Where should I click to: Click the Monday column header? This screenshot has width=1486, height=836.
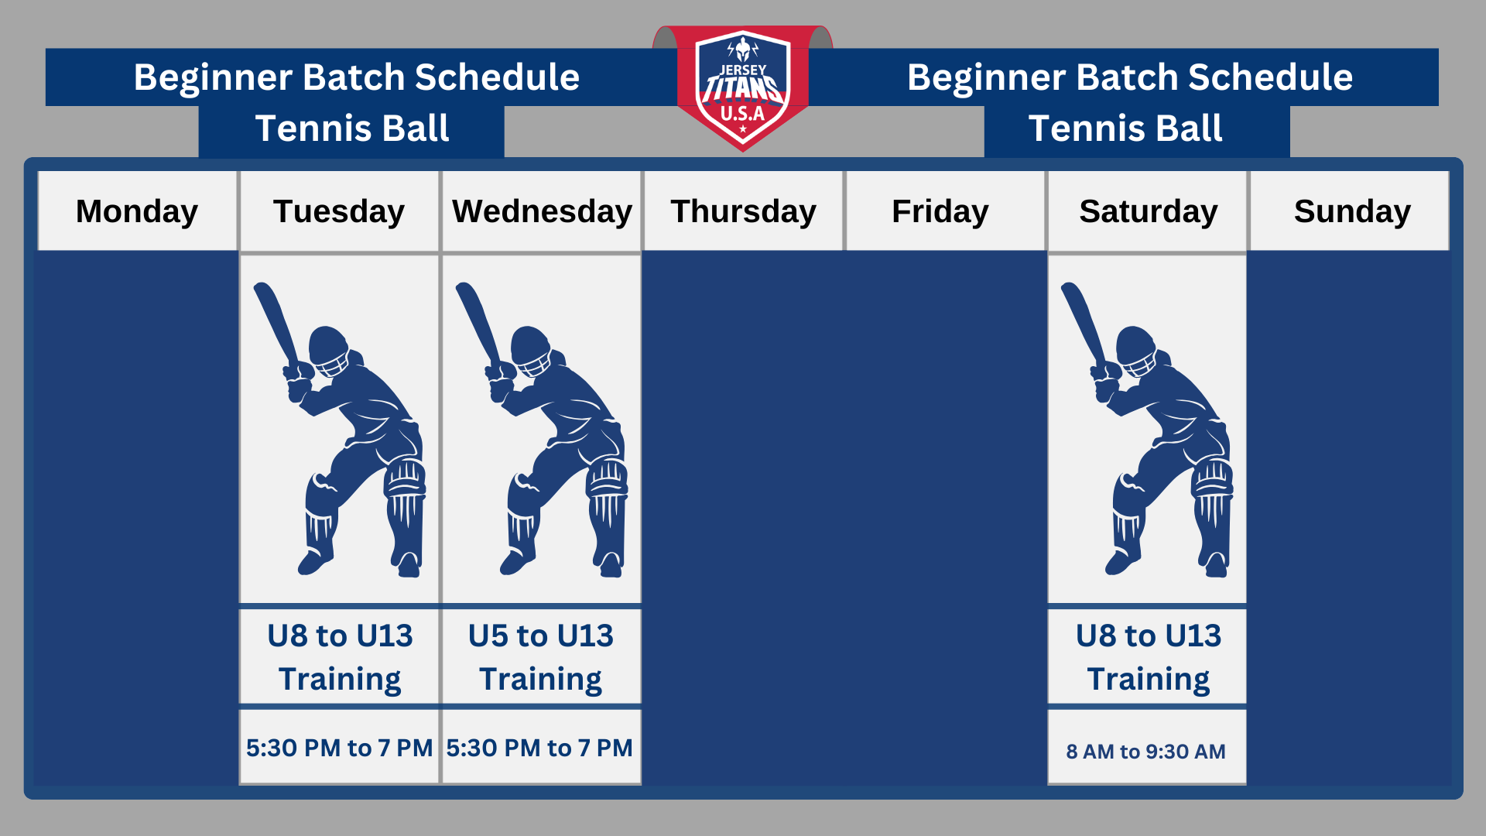[x=137, y=211]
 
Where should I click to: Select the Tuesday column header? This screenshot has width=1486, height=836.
[x=339, y=211]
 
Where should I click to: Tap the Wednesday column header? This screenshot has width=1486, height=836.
[x=542, y=211]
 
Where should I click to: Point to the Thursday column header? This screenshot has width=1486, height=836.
[x=743, y=211]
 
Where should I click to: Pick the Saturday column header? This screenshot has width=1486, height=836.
[x=1148, y=211]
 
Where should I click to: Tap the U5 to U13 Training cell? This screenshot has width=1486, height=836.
[x=541, y=656]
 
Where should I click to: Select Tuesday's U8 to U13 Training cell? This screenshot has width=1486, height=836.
[x=340, y=656]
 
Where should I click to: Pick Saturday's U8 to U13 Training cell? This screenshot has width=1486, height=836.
[x=1148, y=656]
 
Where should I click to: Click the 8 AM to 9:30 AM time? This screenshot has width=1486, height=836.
[x=1146, y=751]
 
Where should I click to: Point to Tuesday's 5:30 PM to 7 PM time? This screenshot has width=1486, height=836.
[x=339, y=748]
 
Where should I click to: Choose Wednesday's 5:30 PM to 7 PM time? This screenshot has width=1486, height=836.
[x=539, y=748]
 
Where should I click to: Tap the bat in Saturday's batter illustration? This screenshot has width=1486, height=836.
[x=1082, y=324]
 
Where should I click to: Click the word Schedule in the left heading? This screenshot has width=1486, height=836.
[x=497, y=77]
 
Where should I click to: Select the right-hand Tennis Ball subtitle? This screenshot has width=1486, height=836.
[x=1125, y=128]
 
